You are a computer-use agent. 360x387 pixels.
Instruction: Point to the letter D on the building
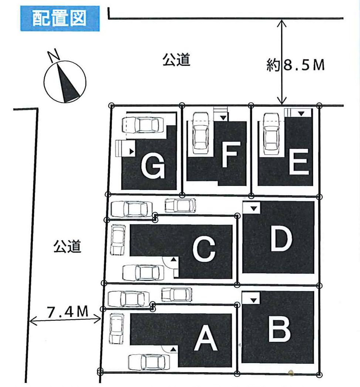point(282,238)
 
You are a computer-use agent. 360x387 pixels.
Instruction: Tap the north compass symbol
point(65,81)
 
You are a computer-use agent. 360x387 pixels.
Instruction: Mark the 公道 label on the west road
point(67,247)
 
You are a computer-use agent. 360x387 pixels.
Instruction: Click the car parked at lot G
point(145,125)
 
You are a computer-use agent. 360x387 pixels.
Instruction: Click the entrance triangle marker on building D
point(253,208)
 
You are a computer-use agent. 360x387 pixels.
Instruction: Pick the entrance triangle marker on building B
point(253,298)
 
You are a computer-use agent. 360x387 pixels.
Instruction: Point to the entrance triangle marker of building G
point(131,151)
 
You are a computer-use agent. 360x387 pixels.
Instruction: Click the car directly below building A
point(148,361)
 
